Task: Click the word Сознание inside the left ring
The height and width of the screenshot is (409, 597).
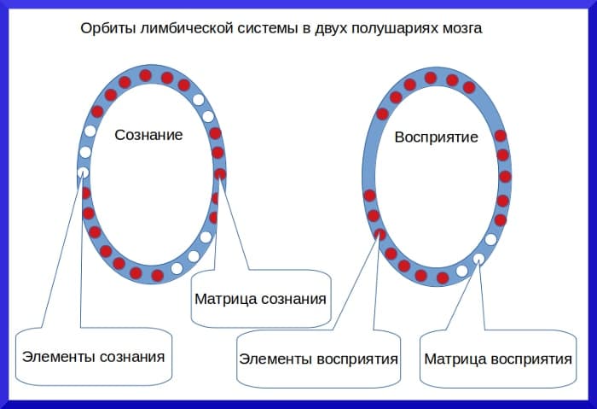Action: click(x=148, y=135)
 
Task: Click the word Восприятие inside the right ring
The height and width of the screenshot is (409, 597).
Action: click(x=436, y=137)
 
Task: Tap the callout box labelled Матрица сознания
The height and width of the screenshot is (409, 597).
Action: click(x=260, y=299)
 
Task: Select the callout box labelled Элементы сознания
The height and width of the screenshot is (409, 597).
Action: click(x=93, y=355)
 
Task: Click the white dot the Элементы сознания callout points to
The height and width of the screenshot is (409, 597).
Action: click(x=83, y=172)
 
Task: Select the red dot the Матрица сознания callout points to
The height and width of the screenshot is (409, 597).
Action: click(x=221, y=174)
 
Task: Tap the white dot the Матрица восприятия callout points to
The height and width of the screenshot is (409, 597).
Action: click(x=479, y=258)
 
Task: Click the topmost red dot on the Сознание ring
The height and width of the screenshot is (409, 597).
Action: click(x=146, y=75)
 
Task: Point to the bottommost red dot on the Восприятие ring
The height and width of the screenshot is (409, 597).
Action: click(x=442, y=278)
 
